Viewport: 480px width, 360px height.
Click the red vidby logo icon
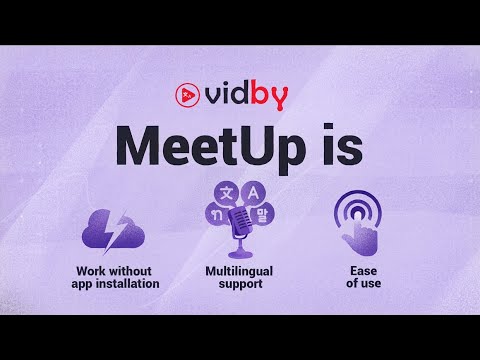(x=186, y=95)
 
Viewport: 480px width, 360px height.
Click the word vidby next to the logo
(x=248, y=95)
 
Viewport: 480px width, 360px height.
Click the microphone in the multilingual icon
(x=240, y=225)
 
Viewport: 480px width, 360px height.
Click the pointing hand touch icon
(x=357, y=230)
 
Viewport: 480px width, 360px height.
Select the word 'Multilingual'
(x=239, y=271)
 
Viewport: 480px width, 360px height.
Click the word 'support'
(x=239, y=284)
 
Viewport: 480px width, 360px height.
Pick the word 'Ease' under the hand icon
(x=356, y=271)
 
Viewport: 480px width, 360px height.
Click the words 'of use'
(x=356, y=284)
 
